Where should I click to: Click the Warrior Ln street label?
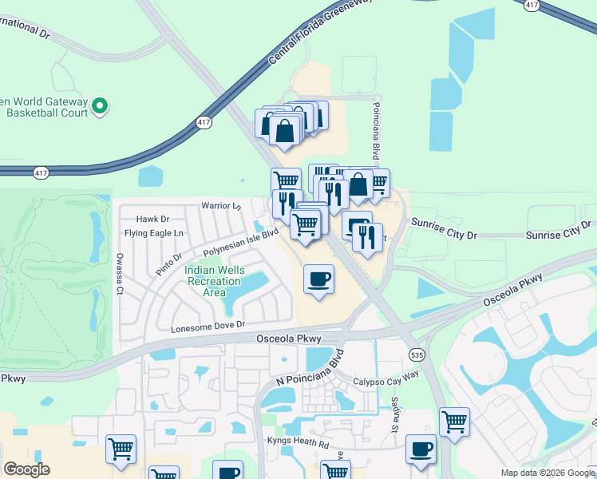pyautogui.click(x=221, y=206)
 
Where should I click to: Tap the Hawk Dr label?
pyautogui.click(x=153, y=219)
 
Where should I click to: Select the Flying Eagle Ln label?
pyautogui.click(x=154, y=233)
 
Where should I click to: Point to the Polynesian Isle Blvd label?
pyautogui.click(x=240, y=242)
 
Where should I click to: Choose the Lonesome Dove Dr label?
pyautogui.click(x=207, y=327)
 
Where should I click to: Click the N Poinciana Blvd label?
pyautogui.click(x=310, y=368)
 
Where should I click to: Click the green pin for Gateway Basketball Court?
pyautogui.click(x=100, y=105)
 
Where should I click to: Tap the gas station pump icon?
pyautogui.click(x=356, y=224)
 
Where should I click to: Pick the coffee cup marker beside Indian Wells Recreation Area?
pyautogui.click(x=318, y=279)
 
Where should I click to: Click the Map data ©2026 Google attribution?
pyautogui.click(x=548, y=473)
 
